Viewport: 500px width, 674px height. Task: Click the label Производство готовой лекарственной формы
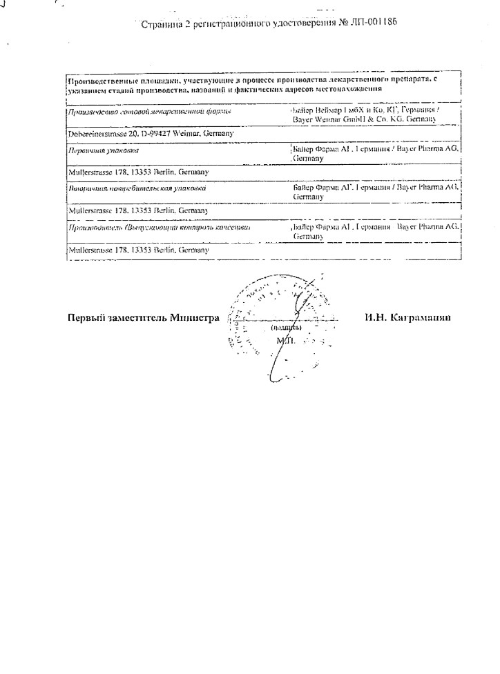coord(149,111)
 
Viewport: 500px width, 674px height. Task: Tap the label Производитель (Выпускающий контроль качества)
coord(158,227)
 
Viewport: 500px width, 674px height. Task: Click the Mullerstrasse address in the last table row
coord(135,249)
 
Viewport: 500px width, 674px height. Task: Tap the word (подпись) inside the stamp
coord(285,328)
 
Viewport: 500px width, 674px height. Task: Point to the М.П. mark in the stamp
coord(284,341)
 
